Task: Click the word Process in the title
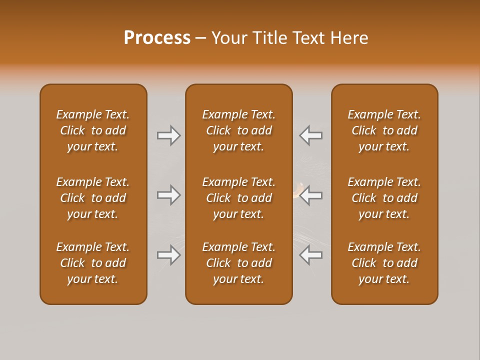(157, 38)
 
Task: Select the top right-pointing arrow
(169, 135)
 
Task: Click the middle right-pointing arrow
(169, 195)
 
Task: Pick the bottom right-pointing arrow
(169, 255)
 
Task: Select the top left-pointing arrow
(310, 135)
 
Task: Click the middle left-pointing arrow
(310, 195)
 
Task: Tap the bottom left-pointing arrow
(310, 255)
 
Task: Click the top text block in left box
(93, 130)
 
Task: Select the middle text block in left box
(93, 198)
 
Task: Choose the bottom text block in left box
(93, 263)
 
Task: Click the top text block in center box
(238, 130)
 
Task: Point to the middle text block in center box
(238, 198)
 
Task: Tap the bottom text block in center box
(238, 263)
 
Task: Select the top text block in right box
(384, 130)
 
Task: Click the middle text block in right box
(384, 198)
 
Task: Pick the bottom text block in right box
(384, 263)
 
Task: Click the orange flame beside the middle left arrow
(298, 190)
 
